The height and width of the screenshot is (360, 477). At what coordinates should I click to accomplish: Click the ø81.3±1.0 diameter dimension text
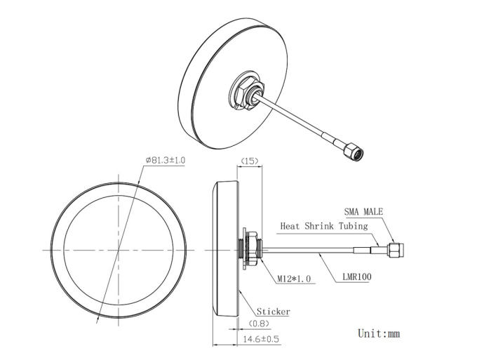click(x=165, y=160)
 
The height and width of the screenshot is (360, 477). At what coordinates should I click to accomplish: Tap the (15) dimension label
click(x=250, y=161)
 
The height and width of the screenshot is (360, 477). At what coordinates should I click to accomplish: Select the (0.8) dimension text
click(x=259, y=324)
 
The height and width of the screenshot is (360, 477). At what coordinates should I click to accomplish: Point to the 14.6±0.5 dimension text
click(x=261, y=339)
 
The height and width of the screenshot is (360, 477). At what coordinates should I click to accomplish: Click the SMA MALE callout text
click(x=363, y=211)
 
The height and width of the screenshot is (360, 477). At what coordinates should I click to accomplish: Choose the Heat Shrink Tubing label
click(x=324, y=226)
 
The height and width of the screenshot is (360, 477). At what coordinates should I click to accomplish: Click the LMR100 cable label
click(x=357, y=276)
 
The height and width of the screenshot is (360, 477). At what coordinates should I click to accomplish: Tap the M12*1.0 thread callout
click(x=294, y=279)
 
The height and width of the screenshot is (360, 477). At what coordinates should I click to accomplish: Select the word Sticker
click(x=273, y=312)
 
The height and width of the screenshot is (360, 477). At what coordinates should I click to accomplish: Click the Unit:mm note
click(x=379, y=333)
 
